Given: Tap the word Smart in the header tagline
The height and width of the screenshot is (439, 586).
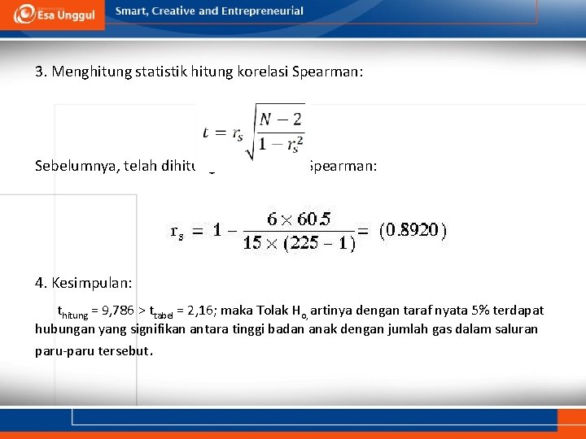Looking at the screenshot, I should click(x=130, y=11).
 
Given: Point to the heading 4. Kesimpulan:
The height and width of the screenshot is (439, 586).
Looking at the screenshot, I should click(x=84, y=283).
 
